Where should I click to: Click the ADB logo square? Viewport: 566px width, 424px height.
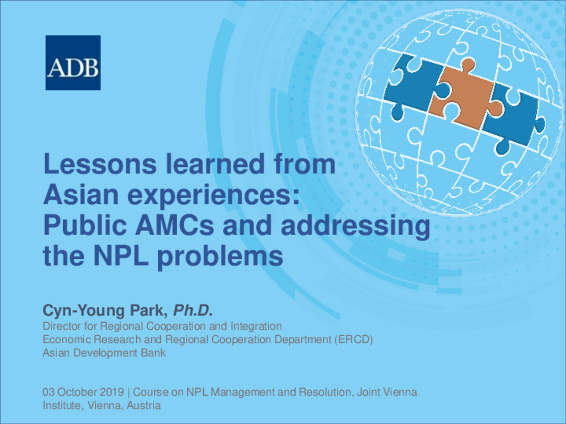pyautogui.click(x=73, y=63)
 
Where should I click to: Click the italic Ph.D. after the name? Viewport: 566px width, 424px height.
pyautogui.click(x=193, y=310)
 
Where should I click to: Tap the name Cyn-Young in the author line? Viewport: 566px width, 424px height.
pyautogui.click(x=84, y=311)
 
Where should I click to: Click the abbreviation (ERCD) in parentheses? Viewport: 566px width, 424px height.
pyautogui.click(x=353, y=339)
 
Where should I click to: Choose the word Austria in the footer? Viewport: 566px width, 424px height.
pyautogui.click(x=144, y=405)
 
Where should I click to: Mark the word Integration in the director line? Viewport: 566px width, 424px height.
pyautogui.click(x=256, y=326)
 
